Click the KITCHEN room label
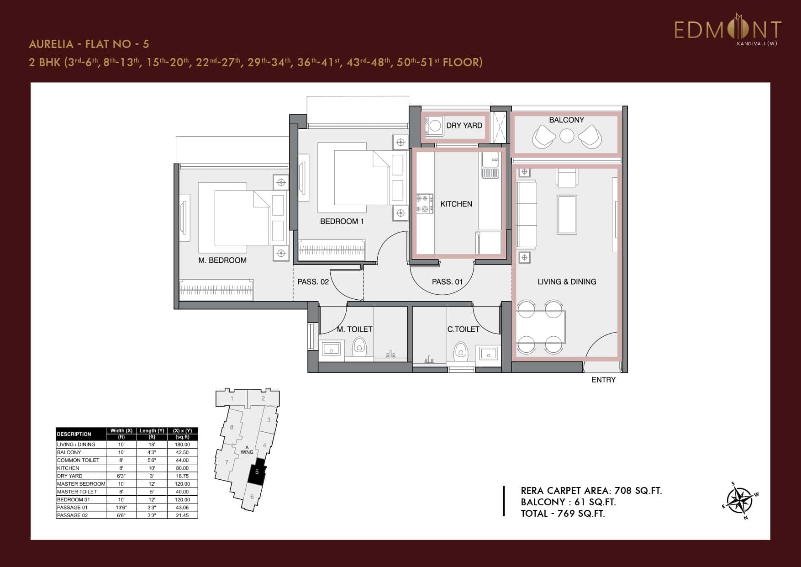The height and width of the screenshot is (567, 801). pos(456,204)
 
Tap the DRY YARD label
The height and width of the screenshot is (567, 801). pos(464,126)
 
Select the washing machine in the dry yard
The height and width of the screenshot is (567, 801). pos(434,125)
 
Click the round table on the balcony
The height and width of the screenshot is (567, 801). pos(567,136)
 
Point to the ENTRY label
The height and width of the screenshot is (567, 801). pos(603,380)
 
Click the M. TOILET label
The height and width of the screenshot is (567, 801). pos(354,329)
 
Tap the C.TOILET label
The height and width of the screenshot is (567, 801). pos(463,329)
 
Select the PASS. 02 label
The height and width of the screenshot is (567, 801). pos(313,282)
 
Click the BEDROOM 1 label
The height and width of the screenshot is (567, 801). pos(342,221)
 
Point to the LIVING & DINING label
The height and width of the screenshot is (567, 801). pos(567,282)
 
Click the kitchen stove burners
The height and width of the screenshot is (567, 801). pos(424,204)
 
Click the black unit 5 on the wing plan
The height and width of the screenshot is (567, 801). pos(257,472)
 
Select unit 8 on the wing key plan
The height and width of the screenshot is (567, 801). pos(232,427)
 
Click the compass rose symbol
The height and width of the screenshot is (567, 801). pos(740,500)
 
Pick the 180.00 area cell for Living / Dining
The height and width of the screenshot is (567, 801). pos(182,444)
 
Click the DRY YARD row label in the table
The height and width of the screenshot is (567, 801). pos(70,476)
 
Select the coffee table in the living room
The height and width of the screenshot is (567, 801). pos(567,215)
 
